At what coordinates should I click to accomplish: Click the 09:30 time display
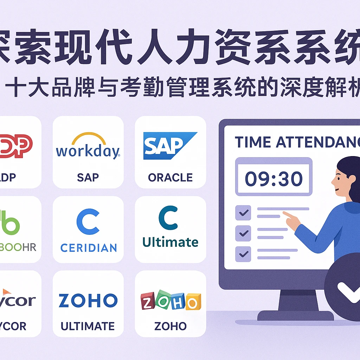(274, 179)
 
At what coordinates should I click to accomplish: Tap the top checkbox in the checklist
(243, 213)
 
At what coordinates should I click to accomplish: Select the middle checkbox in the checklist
(243, 233)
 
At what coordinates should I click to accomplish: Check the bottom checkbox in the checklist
(243, 253)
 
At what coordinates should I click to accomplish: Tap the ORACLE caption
(170, 178)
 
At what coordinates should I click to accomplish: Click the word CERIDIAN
(88, 248)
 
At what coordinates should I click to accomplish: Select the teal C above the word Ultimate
(168, 219)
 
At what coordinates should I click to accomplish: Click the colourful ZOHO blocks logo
(171, 301)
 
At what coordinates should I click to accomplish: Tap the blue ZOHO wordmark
(88, 301)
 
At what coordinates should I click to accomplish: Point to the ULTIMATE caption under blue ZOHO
(88, 326)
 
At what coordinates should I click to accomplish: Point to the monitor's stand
(295, 306)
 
